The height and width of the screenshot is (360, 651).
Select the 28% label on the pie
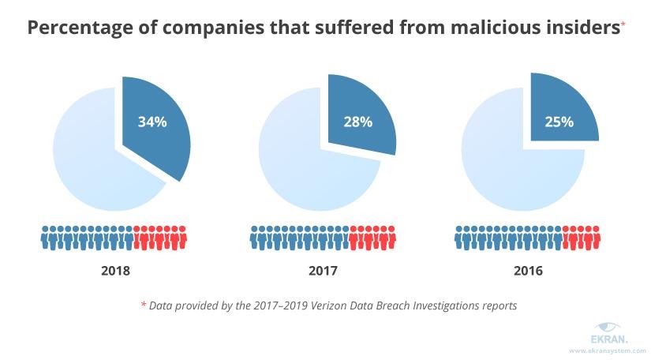pyautogui.click(x=359, y=122)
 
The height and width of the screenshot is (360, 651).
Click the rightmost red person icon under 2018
pyautogui.click(x=183, y=238)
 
